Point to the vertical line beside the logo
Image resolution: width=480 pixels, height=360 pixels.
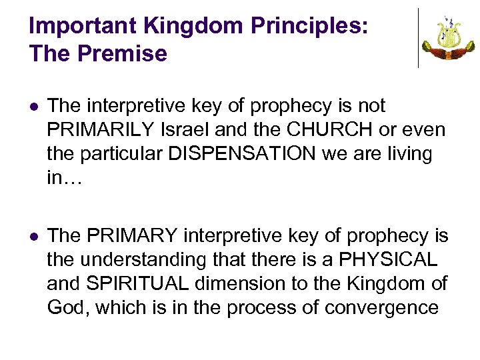[x=418, y=38]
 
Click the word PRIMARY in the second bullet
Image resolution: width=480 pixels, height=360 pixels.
[x=132, y=236]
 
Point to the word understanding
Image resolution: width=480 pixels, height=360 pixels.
[x=146, y=260]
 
